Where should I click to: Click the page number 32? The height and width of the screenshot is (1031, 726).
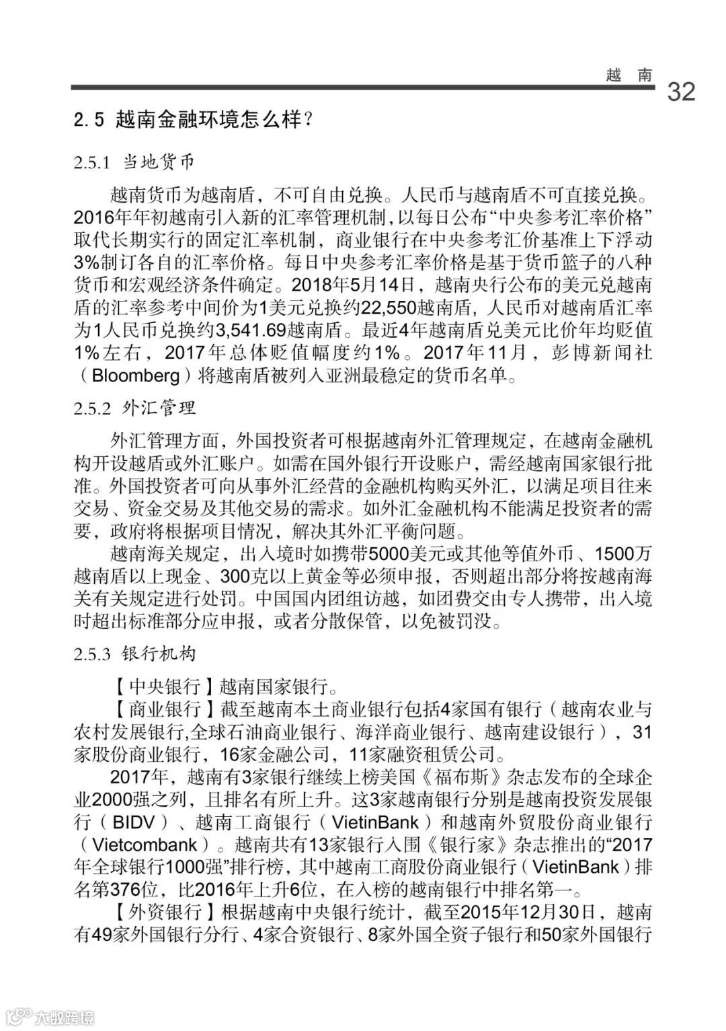click(x=681, y=92)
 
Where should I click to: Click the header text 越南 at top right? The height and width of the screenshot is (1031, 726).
click(x=629, y=75)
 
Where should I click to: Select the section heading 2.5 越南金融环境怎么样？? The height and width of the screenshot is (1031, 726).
click(x=194, y=121)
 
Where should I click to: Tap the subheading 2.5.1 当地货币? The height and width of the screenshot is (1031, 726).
click(x=134, y=162)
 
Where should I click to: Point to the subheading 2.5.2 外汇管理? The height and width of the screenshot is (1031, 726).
click(x=134, y=408)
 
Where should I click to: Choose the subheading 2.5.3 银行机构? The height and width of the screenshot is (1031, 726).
click(x=134, y=653)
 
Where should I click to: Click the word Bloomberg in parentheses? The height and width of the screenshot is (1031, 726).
click(x=136, y=375)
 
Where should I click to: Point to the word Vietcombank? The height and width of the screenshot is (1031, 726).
click(x=145, y=845)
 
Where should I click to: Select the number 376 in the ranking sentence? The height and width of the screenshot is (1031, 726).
click(x=124, y=890)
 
